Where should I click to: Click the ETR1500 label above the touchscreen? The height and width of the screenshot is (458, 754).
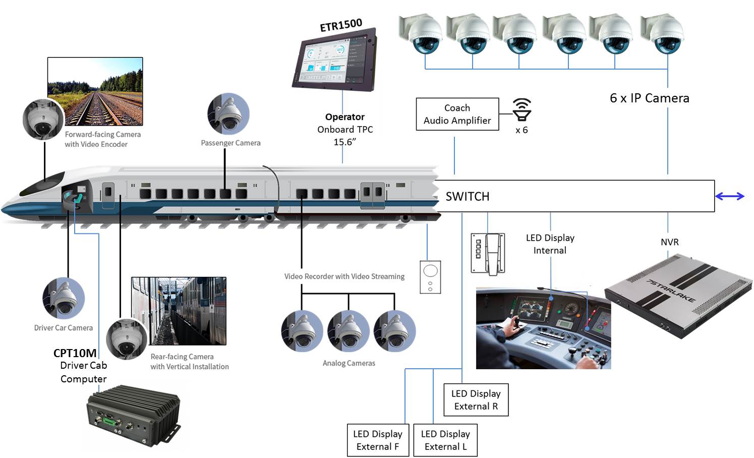[x=341, y=25]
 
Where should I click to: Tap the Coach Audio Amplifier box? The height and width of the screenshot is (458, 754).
[x=457, y=115]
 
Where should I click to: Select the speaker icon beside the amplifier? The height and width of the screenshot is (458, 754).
[x=522, y=109]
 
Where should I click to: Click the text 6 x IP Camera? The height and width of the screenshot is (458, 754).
[x=649, y=98]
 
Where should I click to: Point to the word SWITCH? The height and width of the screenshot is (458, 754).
[x=468, y=197]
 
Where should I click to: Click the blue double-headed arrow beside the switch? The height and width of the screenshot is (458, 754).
[x=729, y=196]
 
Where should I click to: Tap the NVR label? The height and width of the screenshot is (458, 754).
[x=670, y=242]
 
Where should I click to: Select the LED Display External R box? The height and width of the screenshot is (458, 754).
[x=476, y=400]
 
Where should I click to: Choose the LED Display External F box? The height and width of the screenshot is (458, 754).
[x=378, y=440]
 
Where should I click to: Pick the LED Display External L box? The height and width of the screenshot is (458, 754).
[x=445, y=440]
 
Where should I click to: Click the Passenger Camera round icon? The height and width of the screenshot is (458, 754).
[x=228, y=114]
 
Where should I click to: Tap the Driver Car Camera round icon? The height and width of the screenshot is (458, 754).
[x=64, y=298]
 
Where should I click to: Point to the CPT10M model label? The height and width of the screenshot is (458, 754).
[x=75, y=353]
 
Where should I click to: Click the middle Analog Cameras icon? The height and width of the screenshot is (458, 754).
[x=349, y=331]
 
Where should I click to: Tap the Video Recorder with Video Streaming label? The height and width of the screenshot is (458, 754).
[x=344, y=276]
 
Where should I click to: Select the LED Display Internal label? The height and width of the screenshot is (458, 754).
[x=550, y=244]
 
